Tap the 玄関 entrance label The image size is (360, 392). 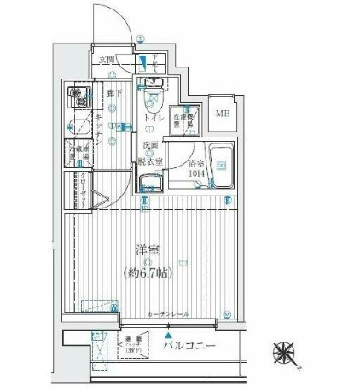click(x=107, y=59)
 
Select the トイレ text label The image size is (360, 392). click(x=154, y=117)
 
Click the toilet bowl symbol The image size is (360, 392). click(x=154, y=89)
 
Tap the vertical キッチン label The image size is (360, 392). click(x=99, y=129)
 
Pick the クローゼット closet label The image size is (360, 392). click(x=84, y=187)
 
